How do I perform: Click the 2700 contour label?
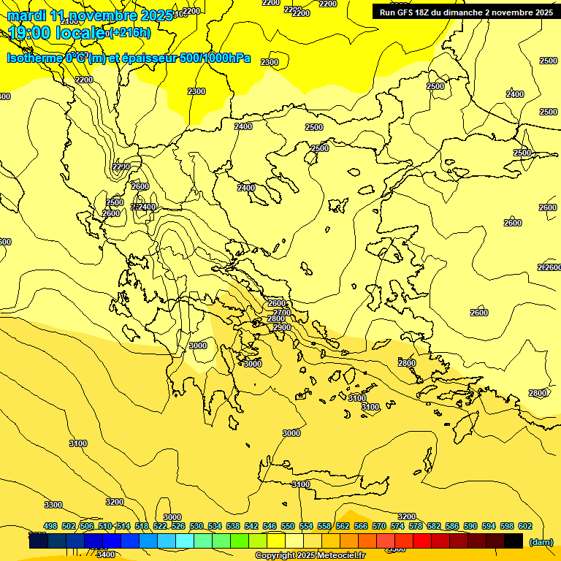tap(282, 313)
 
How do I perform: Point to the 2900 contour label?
tap(282, 327)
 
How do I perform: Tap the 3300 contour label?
tap(53, 505)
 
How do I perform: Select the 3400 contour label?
tap(106, 554)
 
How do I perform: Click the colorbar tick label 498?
tap(50, 526)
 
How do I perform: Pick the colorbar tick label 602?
tap(525, 526)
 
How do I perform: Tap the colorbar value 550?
tap(288, 526)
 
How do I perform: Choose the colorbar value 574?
tap(397, 526)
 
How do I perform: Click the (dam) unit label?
tap(541, 541)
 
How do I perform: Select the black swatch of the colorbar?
tap(514, 541)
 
